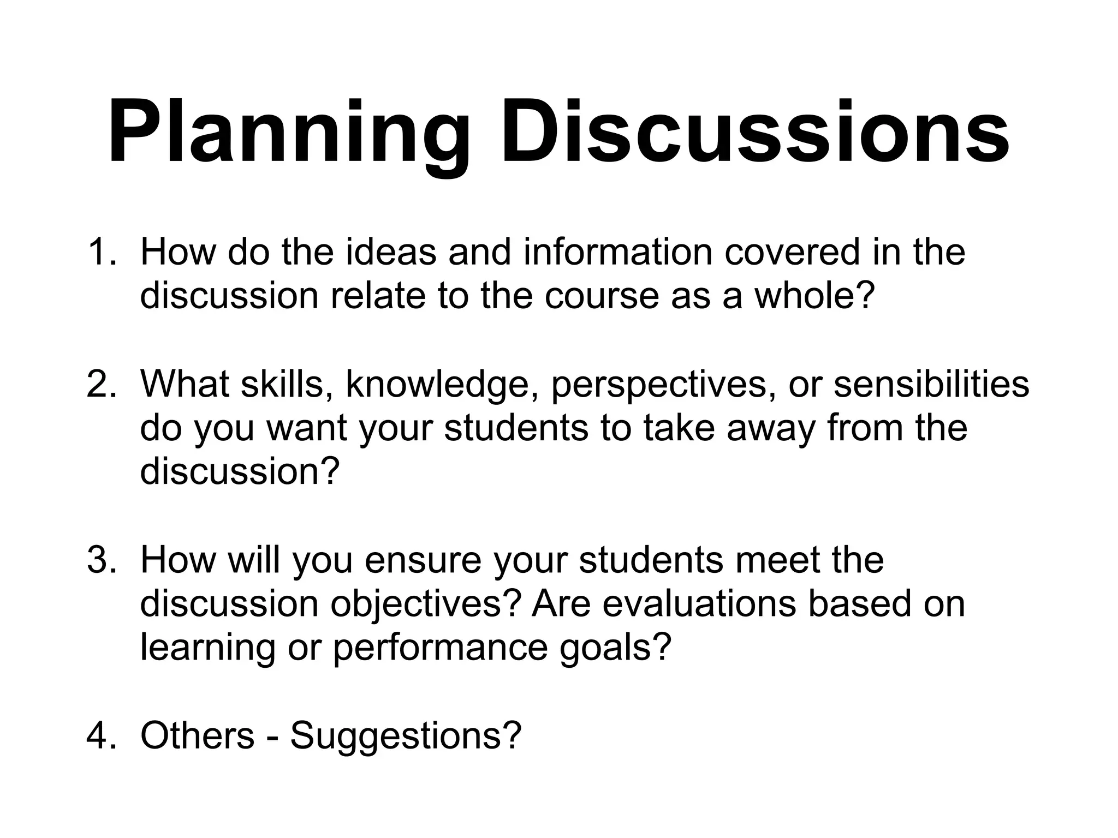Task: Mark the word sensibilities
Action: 931,384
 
